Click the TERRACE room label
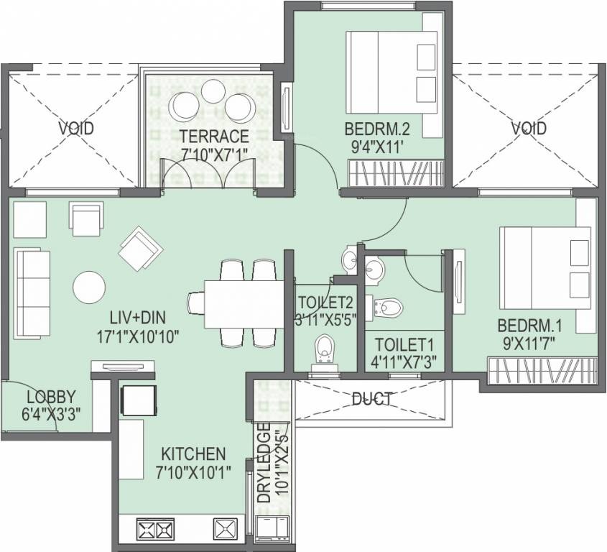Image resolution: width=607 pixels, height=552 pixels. click(214, 137)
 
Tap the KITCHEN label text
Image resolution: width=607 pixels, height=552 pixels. click(193, 454)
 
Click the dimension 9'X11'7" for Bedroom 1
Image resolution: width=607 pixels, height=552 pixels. click(529, 344)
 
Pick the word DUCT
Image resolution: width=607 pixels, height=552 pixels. click(371, 399)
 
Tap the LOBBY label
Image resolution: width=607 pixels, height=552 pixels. click(51, 397)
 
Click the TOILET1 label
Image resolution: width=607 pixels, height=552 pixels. click(404, 344)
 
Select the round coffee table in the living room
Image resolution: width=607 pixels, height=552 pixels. click(89, 287)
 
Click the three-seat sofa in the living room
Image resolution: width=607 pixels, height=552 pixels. click(32, 295)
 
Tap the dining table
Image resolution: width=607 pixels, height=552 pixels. click(244, 304)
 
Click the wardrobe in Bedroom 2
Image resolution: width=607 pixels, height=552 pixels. click(395, 172)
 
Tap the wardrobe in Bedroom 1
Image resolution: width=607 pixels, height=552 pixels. click(541, 371)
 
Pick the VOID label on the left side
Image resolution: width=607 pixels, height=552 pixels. click(76, 128)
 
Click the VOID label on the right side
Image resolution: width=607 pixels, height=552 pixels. click(529, 128)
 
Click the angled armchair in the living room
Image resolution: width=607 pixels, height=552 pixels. click(140, 247)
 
